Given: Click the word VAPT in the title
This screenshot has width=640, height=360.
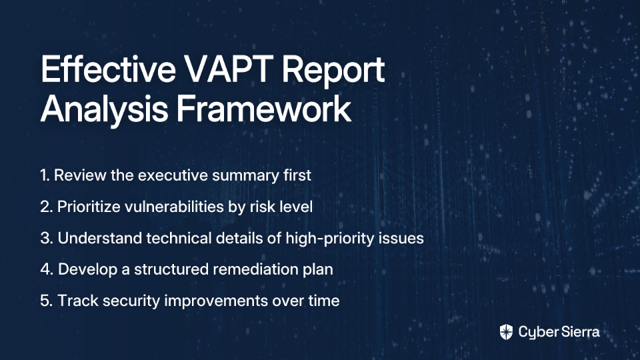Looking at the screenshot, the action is coord(228,69).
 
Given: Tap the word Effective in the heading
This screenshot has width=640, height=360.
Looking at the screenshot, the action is coord(108,69).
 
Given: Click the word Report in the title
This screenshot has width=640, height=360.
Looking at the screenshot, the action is coord(333,71).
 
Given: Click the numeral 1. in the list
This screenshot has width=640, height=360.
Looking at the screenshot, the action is coord(45,175).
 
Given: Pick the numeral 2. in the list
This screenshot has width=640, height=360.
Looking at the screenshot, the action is coord(46,207).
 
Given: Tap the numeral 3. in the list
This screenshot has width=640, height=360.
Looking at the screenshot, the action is coord(47,238).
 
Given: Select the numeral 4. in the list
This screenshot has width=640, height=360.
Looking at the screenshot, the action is coord(47,269).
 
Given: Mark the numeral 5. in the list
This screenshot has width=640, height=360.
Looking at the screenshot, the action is coord(47,301).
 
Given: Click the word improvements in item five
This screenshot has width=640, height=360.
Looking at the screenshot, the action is coord(216,301).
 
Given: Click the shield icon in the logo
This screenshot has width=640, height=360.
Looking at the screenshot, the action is coord(506,332).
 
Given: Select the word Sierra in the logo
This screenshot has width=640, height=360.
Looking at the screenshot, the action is coord(579,332).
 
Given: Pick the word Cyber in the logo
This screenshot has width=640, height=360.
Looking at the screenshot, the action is coord(537,333).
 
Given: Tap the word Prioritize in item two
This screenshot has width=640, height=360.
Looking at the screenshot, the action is coord(89,207).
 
